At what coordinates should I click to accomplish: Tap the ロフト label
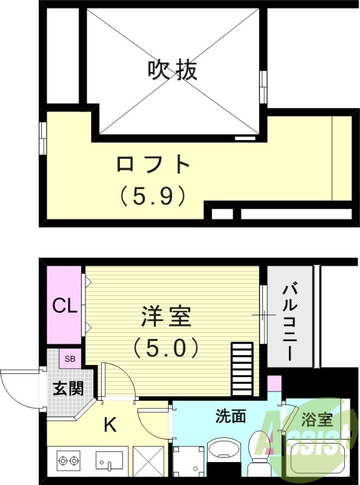point(153,164)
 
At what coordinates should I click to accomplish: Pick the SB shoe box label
point(70,358)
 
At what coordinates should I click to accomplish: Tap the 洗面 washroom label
point(231,416)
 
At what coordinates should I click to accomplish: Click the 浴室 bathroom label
point(318,419)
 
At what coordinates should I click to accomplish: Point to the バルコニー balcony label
point(289,321)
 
